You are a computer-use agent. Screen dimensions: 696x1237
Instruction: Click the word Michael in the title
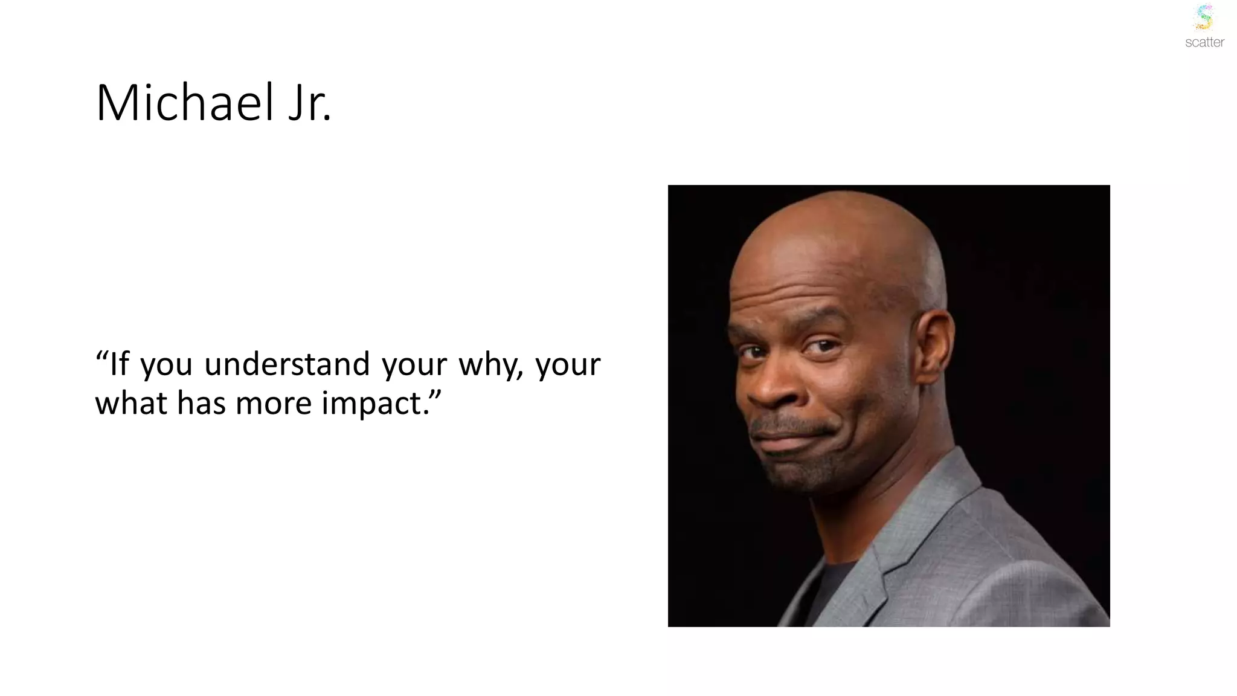(x=185, y=103)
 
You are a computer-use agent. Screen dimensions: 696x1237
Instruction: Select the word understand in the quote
(x=287, y=364)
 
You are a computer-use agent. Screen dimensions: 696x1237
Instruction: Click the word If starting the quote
(x=119, y=364)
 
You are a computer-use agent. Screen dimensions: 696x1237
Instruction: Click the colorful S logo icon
(x=1204, y=17)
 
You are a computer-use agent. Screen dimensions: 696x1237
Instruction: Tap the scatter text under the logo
(x=1204, y=42)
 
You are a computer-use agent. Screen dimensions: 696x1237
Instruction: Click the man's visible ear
(x=934, y=341)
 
